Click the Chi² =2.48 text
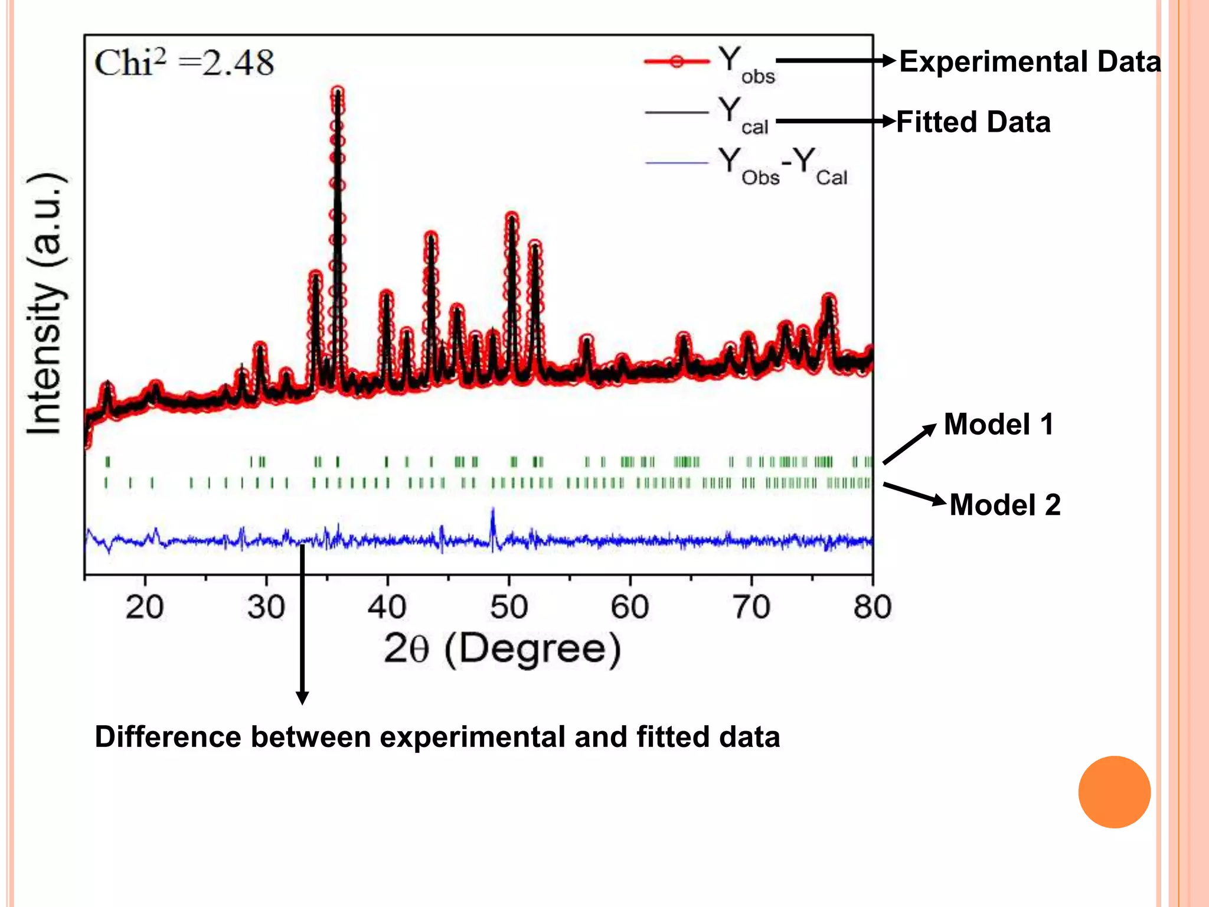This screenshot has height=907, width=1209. point(184,63)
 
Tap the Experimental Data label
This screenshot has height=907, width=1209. point(1030,61)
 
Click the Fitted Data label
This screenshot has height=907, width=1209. point(973,122)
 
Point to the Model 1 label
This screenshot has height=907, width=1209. point(998,424)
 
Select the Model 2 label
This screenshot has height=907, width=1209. point(1005,505)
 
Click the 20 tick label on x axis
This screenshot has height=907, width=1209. point(145,607)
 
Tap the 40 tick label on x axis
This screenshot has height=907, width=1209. point(387,607)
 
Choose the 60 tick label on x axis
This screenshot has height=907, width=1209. point(630,607)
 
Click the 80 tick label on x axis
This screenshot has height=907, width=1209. point(872,607)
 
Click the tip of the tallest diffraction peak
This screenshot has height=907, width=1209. point(338,92)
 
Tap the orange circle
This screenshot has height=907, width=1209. point(1114,792)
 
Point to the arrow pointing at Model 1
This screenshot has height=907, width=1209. point(910,444)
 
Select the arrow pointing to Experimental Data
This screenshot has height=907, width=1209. point(835,60)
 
